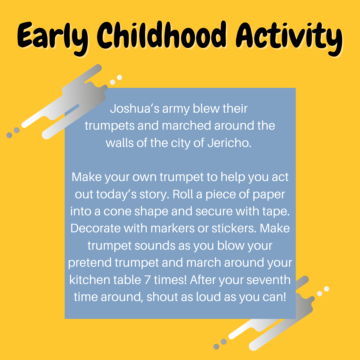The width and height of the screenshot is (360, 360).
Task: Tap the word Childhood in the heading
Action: click(161, 35)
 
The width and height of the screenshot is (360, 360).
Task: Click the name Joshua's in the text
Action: click(135, 109)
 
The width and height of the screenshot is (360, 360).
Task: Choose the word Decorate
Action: click(96, 228)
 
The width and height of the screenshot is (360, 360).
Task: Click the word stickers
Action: click(234, 228)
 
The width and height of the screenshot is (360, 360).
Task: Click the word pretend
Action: click(90, 263)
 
